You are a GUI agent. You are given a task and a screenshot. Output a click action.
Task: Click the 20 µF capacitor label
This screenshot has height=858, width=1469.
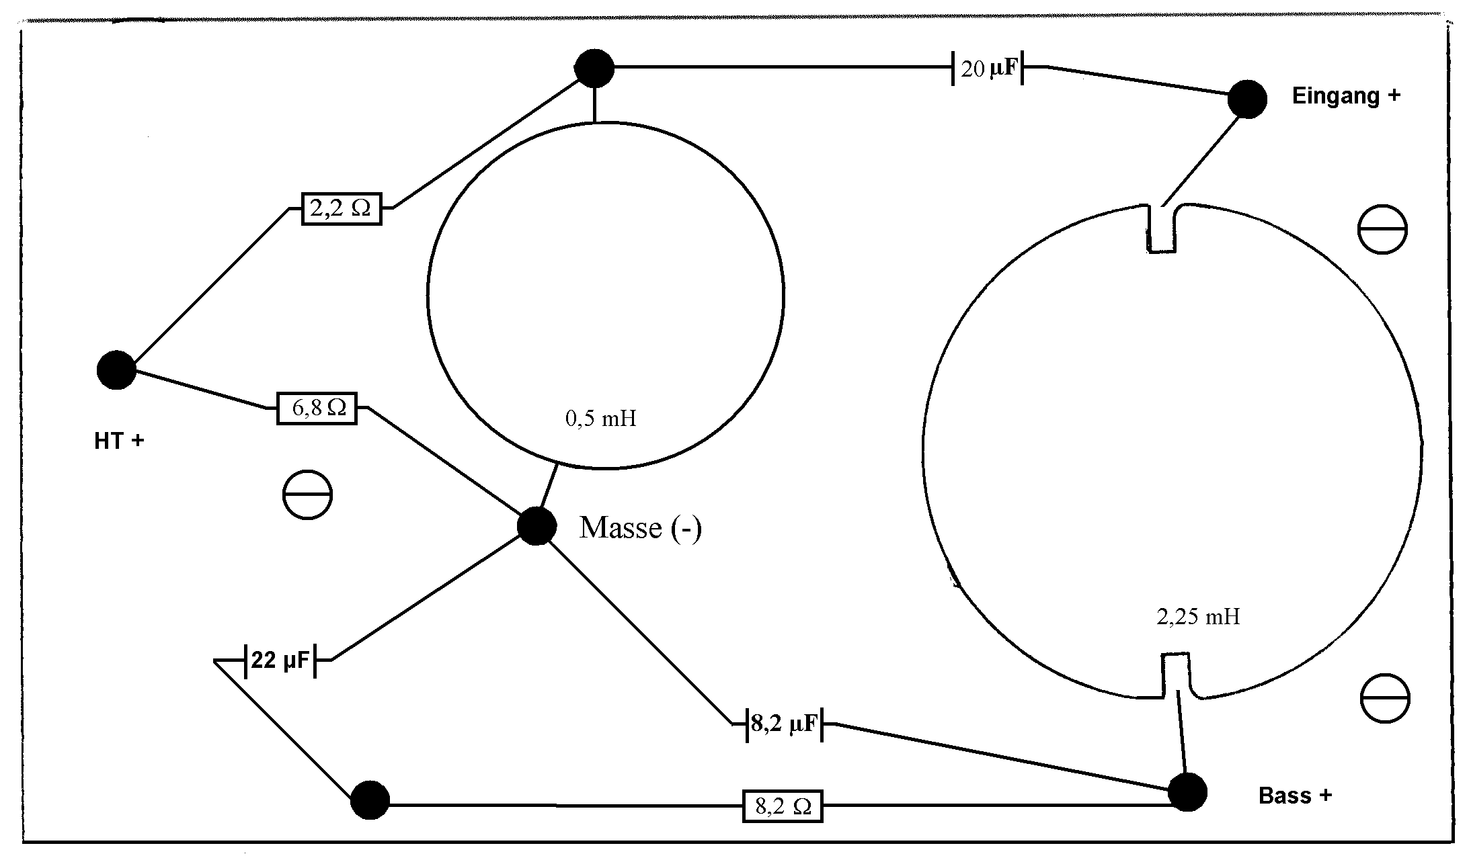click(x=988, y=69)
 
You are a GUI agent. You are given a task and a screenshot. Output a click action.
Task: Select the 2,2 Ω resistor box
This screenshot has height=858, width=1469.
click(x=341, y=208)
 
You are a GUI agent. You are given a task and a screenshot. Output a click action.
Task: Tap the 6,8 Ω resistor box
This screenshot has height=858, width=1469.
click(x=317, y=408)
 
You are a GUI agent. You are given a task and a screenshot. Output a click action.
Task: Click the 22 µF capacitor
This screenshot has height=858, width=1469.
click(x=280, y=660)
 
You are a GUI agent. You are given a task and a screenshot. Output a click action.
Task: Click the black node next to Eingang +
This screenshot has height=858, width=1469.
click(x=1247, y=99)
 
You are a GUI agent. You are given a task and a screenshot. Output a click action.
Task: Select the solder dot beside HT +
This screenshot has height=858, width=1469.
click(x=116, y=370)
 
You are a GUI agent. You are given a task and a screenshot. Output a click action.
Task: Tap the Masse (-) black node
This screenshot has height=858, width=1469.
click(x=537, y=525)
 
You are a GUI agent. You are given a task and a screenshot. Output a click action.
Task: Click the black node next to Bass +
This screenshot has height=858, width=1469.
click(x=1187, y=792)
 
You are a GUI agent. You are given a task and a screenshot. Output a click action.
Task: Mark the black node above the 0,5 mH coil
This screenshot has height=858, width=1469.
click(x=594, y=68)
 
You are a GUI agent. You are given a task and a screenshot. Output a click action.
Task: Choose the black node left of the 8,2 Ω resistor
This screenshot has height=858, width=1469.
click(x=370, y=800)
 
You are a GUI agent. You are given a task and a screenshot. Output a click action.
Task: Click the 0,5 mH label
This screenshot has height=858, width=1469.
click(x=600, y=419)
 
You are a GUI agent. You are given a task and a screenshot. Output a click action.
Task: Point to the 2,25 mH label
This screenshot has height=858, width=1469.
click(x=1198, y=617)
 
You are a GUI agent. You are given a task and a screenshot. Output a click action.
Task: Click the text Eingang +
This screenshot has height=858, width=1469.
click(x=1346, y=96)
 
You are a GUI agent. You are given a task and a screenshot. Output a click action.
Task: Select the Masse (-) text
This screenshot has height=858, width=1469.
click(x=640, y=528)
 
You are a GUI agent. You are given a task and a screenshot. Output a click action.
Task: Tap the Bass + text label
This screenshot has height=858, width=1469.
click(x=1295, y=796)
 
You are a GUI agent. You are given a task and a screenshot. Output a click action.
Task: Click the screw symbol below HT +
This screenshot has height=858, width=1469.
click(x=307, y=495)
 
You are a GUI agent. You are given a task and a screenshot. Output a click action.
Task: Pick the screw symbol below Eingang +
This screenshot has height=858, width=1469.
click(x=1382, y=230)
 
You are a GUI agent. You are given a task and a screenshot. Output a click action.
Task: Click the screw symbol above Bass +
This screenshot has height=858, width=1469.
click(x=1384, y=699)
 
